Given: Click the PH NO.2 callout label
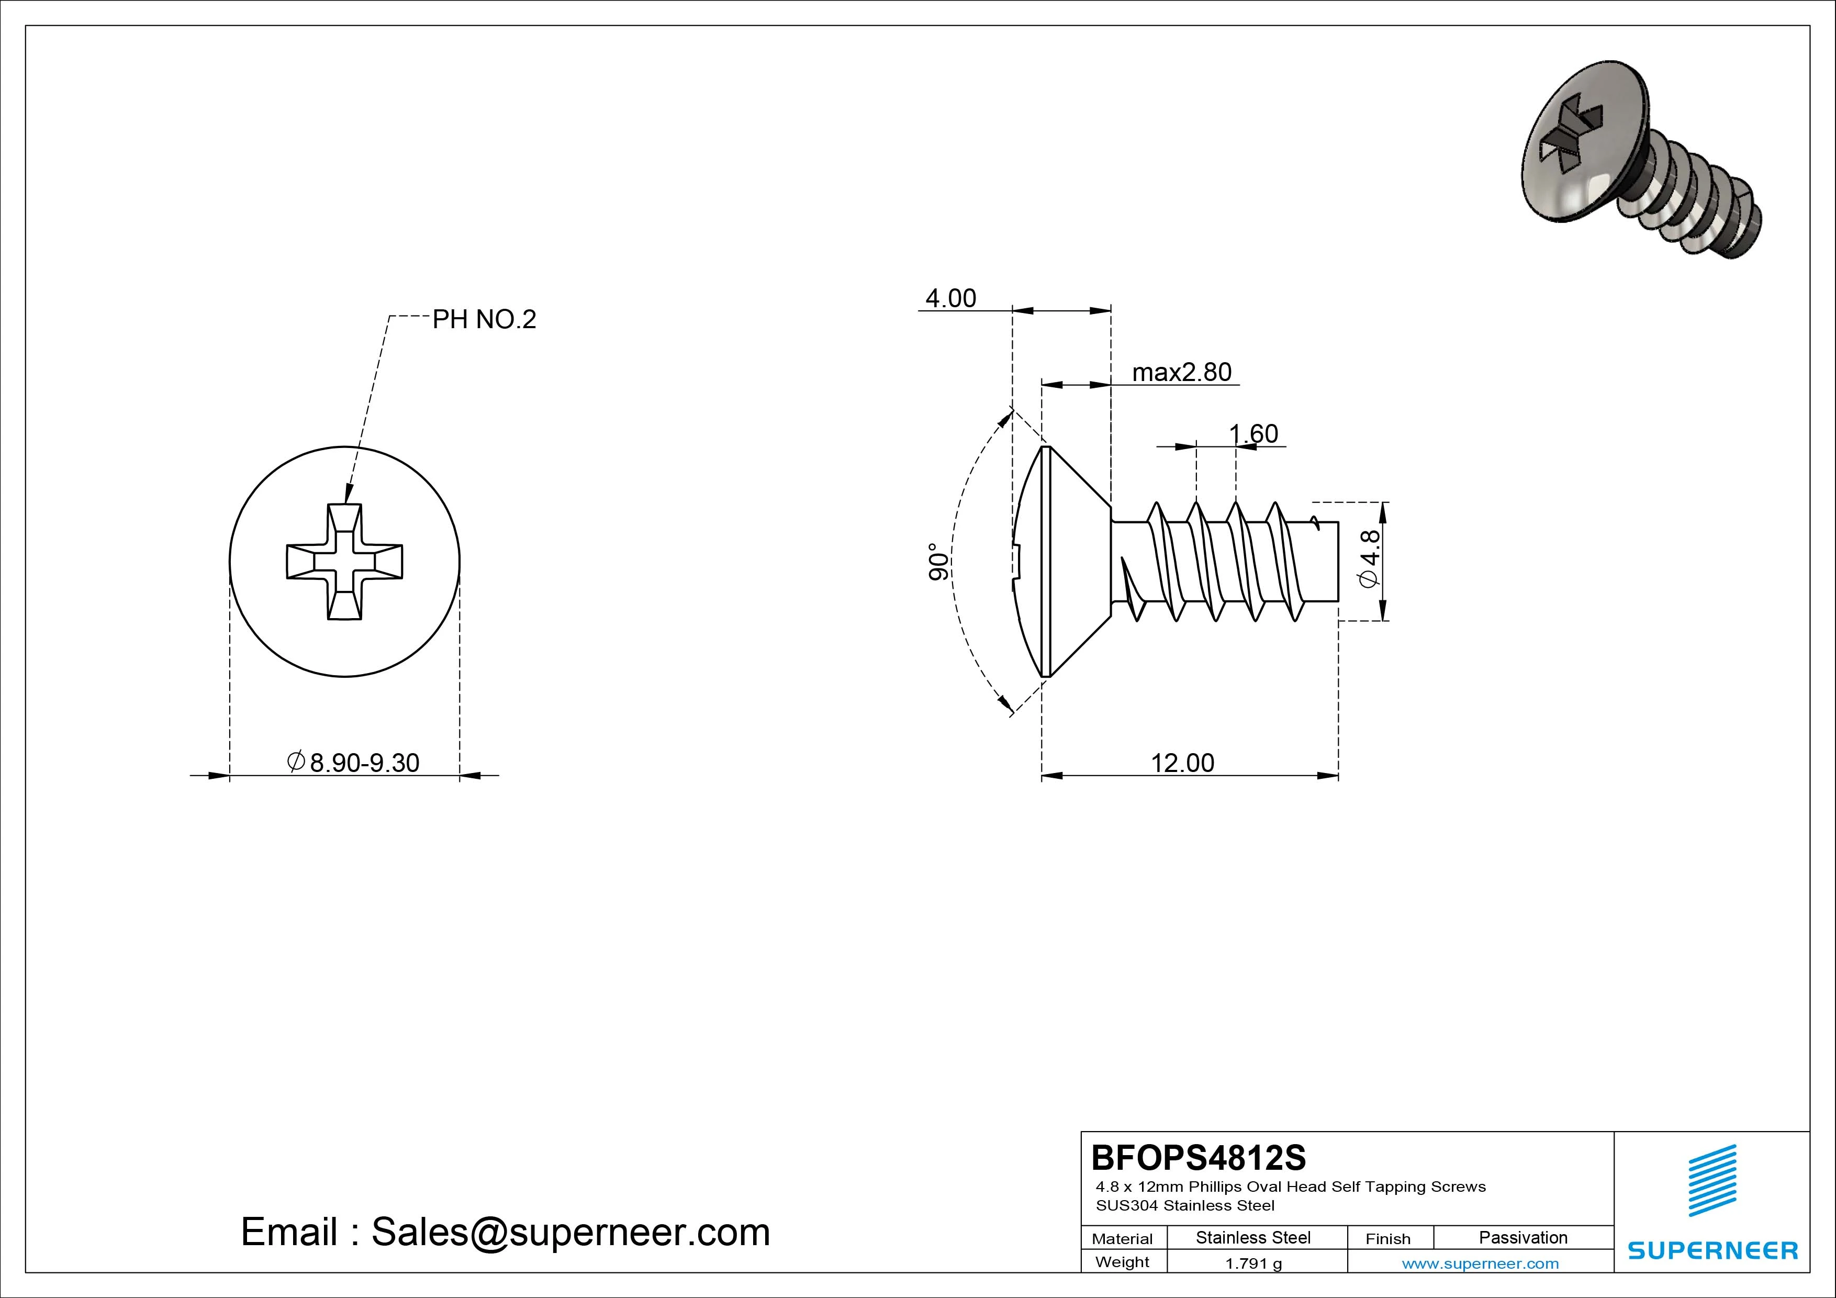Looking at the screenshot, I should pyautogui.click(x=484, y=320).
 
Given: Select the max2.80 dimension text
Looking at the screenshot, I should pyautogui.click(x=1181, y=373).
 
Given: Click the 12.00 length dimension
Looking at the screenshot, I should pyautogui.click(x=1182, y=763).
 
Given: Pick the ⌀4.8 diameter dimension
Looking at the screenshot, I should pyautogui.click(x=1369, y=558).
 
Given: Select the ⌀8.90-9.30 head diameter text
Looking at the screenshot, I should pyautogui.click(x=353, y=763).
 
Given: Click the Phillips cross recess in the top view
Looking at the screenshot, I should pyautogui.click(x=345, y=562).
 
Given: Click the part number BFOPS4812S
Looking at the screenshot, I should pyautogui.click(x=1198, y=1157).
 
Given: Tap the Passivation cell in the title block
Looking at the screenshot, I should pyautogui.click(x=1522, y=1238).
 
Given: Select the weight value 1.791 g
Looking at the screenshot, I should pyautogui.click(x=1253, y=1263).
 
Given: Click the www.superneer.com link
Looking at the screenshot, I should pyautogui.click(x=1480, y=1263).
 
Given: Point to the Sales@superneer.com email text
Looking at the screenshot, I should pyautogui.click(x=570, y=1233).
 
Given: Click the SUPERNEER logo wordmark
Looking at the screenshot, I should pyautogui.click(x=1712, y=1250).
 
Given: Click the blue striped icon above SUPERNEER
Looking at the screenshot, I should pyautogui.click(x=1712, y=1180).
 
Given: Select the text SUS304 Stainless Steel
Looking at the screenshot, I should pyautogui.click(x=1185, y=1205).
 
